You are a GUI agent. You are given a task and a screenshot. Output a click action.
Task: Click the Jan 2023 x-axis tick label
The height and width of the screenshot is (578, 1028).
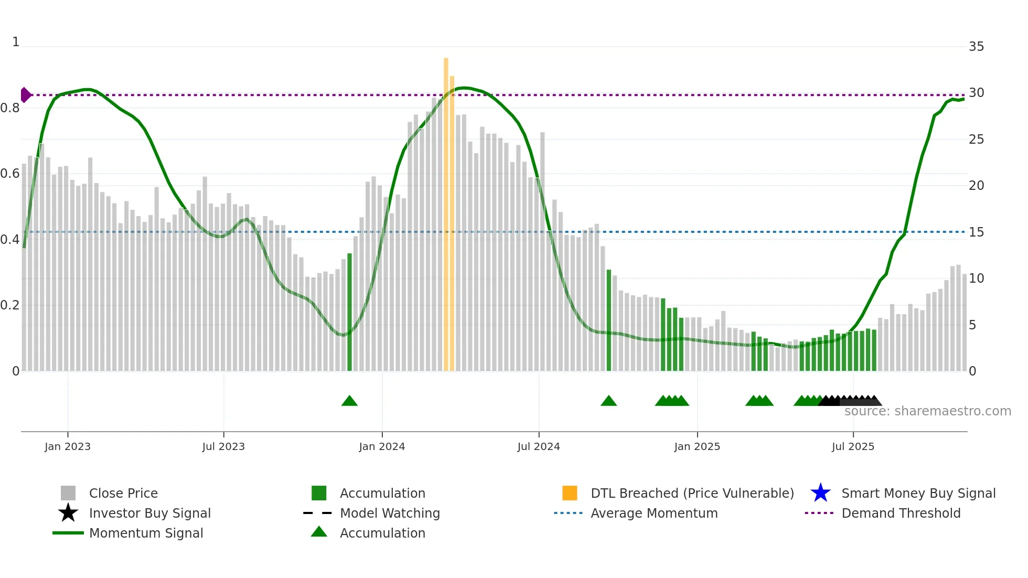point(67,446)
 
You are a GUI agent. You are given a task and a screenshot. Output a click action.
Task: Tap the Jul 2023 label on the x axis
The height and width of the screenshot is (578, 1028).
point(223,446)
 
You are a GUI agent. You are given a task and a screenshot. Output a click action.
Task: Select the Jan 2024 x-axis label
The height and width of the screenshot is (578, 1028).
point(382,446)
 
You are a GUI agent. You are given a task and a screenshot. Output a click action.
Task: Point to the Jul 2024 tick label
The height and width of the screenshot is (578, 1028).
point(539,446)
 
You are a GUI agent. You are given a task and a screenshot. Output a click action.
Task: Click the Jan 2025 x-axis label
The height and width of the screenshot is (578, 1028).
point(697,446)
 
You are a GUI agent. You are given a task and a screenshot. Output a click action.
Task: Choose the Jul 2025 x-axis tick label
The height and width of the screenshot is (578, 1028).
point(853,446)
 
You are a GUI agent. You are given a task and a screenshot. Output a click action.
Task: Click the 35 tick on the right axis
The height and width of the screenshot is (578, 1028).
point(976,47)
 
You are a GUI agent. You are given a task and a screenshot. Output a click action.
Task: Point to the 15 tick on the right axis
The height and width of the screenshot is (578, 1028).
point(976,232)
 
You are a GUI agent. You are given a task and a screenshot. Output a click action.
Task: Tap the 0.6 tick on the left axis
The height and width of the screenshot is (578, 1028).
point(10,174)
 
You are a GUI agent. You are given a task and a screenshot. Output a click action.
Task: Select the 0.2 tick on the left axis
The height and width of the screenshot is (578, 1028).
point(10,305)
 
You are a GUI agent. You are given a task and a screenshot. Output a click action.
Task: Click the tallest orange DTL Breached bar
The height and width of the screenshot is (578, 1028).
point(446,210)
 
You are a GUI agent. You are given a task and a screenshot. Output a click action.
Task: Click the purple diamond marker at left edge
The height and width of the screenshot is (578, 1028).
point(25,95)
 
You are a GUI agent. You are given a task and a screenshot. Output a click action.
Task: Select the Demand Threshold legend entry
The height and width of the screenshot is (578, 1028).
point(901,513)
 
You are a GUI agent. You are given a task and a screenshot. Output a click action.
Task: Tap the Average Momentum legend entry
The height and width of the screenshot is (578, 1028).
point(654,513)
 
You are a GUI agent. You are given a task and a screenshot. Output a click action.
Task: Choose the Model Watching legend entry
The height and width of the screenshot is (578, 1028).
point(390,513)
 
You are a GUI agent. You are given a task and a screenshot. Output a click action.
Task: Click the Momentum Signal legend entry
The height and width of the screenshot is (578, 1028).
point(146,533)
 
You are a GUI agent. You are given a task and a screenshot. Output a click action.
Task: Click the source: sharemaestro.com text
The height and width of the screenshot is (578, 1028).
point(927,411)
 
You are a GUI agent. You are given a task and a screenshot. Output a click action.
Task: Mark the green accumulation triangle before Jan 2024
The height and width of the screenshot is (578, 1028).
point(349,401)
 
